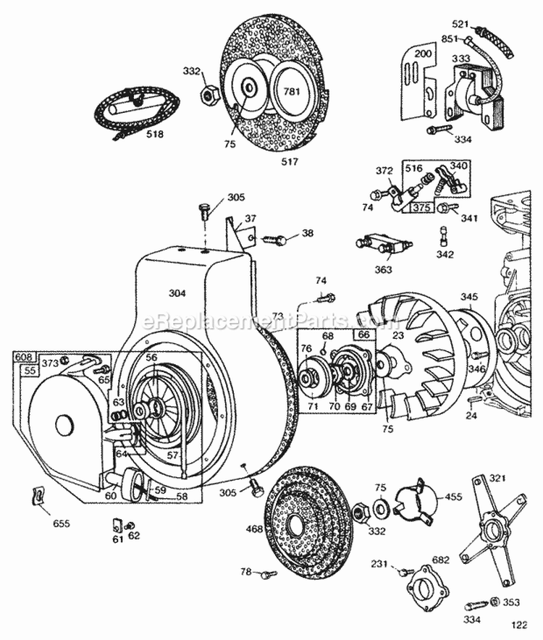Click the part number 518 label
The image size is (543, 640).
(154, 134)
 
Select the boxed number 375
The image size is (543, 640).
(423, 208)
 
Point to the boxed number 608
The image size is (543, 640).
(24, 356)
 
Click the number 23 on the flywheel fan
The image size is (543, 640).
(376, 335)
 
